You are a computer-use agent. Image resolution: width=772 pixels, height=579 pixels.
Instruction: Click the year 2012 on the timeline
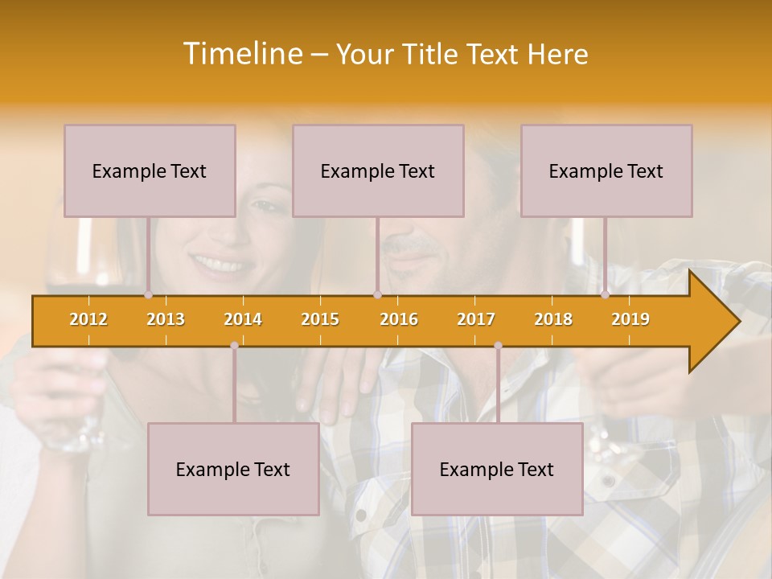pyautogui.click(x=88, y=319)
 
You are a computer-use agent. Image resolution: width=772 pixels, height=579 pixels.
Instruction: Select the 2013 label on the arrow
pyautogui.click(x=166, y=319)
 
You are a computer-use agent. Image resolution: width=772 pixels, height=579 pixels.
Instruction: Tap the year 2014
pyautogui.click(x=243, y=319)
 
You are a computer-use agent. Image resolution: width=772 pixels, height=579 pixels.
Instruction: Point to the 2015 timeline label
pyautogui.click(x=320, y=319)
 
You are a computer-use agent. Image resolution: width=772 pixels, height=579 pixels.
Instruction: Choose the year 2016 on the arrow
pyautogui.click(x=399, y=319)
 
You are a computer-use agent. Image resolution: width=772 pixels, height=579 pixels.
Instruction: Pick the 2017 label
pyautogui.click(x=476, y=319)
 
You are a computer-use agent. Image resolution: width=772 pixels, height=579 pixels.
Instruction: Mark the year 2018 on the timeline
pyautogui.click(x=553, y=319)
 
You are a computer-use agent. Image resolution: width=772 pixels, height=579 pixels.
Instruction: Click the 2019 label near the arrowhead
pyautogui.click(x=630, y=319)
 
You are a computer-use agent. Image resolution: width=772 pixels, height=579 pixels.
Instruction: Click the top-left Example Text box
pyautogui.click(x=150, y=170)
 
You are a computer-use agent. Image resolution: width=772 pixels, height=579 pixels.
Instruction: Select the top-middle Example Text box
pyautogui.click(x=378, y=170)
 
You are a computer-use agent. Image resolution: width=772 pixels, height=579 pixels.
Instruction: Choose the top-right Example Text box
pyautogui.click(x=606, y=170)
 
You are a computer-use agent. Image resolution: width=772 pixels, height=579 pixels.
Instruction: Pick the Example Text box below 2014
pyautogui.click(x=233, y=469)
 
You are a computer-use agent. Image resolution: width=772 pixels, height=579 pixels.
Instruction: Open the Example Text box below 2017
pyautogui.click(x=497, y=469)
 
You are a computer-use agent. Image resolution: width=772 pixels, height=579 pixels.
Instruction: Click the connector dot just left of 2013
pyautogui.click(x=149, y=295)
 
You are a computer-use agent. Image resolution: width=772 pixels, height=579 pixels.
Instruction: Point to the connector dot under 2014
pyautogui.click(x=234, y=346)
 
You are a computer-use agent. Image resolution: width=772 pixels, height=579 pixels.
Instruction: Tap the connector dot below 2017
pyautogui.click(x=498, y=346)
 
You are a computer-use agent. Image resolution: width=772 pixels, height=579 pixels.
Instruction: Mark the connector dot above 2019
pyautogui.click(x=606, y=295)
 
